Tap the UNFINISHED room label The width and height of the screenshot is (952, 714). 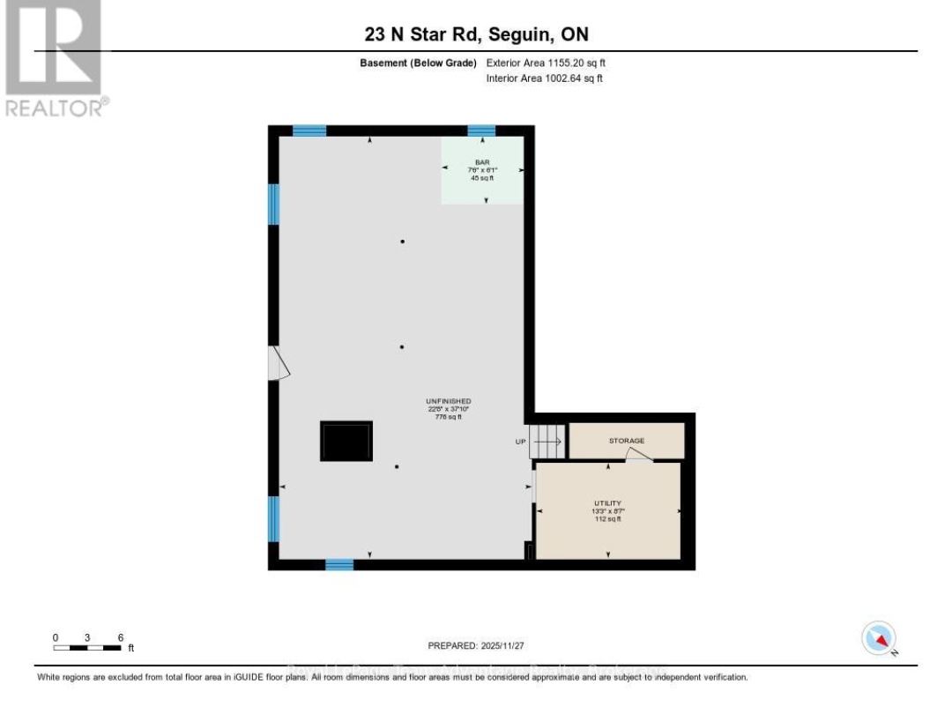(x=443, y=401)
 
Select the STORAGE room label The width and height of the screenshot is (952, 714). (x=626, y=441)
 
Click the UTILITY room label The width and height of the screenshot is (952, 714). (x=607, y=502)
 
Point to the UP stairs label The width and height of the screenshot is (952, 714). (x=521, y=442)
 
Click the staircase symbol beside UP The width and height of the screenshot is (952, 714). (x=547, y=441)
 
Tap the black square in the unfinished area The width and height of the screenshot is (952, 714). (x=346, y=441)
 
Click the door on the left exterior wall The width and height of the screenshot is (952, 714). (x=277, y=363)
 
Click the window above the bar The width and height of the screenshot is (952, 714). (x=481, y=130)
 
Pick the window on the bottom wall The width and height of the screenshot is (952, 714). (x=339, y=564)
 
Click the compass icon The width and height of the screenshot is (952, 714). (x=879, y=638)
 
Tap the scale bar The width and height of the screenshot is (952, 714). (x=87, y=648)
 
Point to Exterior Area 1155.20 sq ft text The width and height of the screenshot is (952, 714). (x=545, y=63)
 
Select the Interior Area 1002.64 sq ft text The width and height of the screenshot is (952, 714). (x=545, y=78)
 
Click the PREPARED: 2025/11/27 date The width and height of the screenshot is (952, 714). (x=475, y=646)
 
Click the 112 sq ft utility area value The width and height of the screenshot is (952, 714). (x=607, y=519)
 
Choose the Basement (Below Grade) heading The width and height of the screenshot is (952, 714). (x=418, y=63)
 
